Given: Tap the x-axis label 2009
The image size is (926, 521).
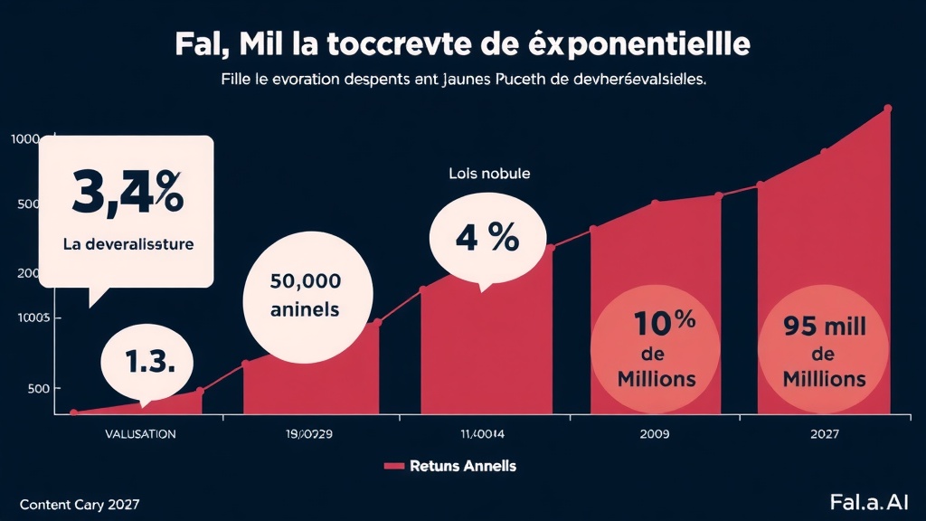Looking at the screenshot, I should [x=654, y=433].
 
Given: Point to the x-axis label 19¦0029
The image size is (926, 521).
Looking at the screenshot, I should [x=309, y=433].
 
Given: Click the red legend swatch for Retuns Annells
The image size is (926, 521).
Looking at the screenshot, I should [x=393, y=466].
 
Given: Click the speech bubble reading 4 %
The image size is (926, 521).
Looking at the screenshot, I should [x=487, y=237].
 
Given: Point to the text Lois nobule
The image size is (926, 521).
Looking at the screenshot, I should [x=489, y=173].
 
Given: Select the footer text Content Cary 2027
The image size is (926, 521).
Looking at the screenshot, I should [x=80, y=503].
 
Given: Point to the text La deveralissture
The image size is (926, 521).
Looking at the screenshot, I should [x=128, y=244].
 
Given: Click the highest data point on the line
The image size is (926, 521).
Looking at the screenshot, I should [x=887, y=109].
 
